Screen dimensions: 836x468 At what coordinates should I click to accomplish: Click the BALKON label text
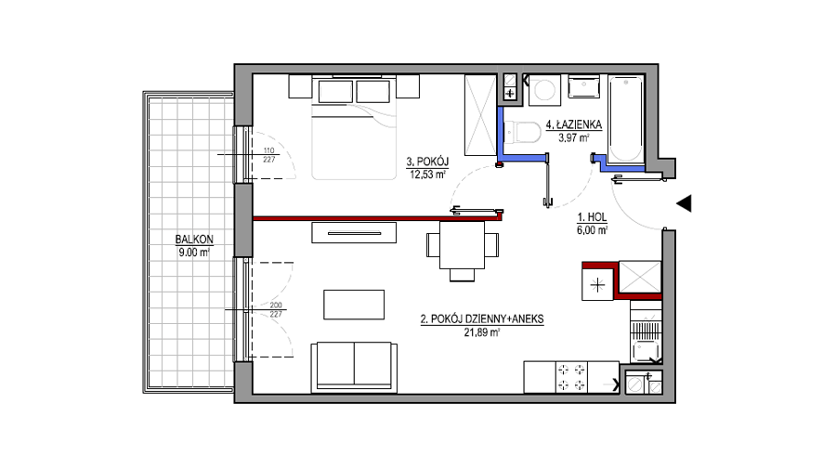194,240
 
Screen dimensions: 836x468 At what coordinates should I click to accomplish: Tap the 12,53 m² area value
427,175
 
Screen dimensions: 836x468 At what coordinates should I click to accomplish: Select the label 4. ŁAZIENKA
574,124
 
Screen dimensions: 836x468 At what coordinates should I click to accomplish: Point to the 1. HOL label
592,217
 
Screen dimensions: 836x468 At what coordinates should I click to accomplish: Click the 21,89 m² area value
482,332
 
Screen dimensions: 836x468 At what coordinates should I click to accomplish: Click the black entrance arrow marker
684,203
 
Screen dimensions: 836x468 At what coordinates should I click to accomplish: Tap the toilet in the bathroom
522,132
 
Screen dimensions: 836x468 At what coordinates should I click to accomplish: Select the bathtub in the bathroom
625,119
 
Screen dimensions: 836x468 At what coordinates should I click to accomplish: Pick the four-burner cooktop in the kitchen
571,377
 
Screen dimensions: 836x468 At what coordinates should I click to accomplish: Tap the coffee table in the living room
354,305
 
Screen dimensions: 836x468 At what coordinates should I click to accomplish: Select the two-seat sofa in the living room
354,367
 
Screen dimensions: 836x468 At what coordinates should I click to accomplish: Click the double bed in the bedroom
354,127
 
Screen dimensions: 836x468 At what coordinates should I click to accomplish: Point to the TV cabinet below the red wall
354,233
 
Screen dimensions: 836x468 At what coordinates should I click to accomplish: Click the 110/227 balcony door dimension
268,155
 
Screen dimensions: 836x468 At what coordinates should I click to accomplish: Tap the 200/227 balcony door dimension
276,310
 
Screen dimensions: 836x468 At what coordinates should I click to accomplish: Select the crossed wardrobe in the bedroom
480,115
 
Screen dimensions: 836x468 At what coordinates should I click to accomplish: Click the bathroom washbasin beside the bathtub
584,87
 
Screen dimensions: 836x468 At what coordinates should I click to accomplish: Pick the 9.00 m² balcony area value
194,253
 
